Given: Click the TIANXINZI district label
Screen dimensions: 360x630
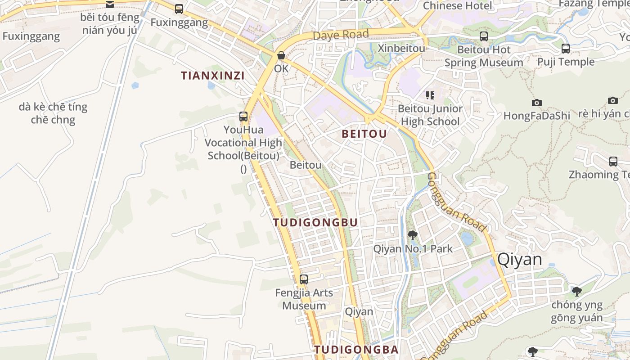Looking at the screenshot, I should point(213,76).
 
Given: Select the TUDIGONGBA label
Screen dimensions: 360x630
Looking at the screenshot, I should point(356,350).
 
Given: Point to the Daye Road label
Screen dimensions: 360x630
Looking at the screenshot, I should point(340,35).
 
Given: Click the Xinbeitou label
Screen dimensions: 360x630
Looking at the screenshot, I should point(401,48).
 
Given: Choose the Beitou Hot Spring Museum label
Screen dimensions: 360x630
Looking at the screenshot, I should point(484,56).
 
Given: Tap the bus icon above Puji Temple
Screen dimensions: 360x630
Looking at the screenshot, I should point(566,48).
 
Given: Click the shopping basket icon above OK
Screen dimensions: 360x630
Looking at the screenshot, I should point(281,56).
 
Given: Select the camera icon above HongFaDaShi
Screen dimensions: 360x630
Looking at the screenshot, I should point(536,103).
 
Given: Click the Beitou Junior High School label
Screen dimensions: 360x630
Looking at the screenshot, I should point(430,115).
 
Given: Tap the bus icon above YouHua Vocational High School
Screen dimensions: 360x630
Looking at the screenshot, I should point(243,117).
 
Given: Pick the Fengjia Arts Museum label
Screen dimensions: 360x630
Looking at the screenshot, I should point(304,299).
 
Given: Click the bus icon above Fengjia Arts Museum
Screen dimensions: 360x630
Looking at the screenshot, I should point(304,279).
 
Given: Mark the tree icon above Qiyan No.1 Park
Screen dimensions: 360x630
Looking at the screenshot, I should point(412,235).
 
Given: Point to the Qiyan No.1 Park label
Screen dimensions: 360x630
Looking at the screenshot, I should point(413,248).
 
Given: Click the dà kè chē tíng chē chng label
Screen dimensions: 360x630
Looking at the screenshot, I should point(53,113).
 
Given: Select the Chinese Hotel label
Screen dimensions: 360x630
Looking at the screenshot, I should point(458,6).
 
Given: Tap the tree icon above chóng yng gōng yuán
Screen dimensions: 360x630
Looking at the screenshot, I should point(576,291).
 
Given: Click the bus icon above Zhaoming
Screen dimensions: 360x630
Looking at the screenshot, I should point(613,162).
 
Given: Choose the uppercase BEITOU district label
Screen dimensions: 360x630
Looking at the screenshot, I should point(364,134).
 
